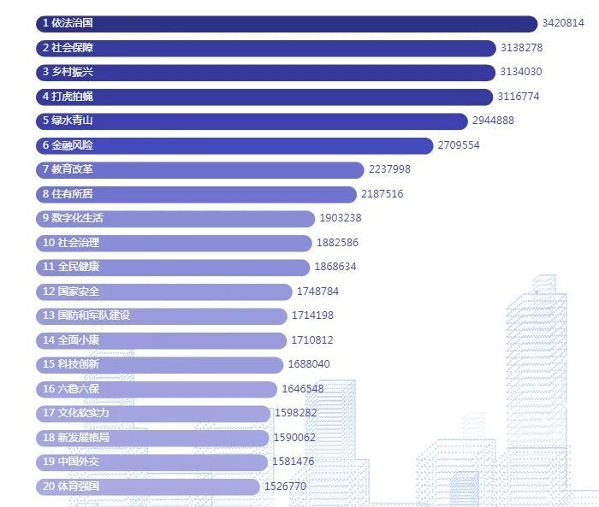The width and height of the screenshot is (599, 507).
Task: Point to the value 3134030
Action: click(x=520, y=72)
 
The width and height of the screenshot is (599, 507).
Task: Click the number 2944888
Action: click(x=493, y=121)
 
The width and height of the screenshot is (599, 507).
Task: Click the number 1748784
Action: click(x=317, y=292)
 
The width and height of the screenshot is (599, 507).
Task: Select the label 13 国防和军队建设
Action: click(x=86, y=315)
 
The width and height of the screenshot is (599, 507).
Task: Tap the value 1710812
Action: click(x=312, y=340)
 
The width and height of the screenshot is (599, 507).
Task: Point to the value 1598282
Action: click(x=296, y=413)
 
